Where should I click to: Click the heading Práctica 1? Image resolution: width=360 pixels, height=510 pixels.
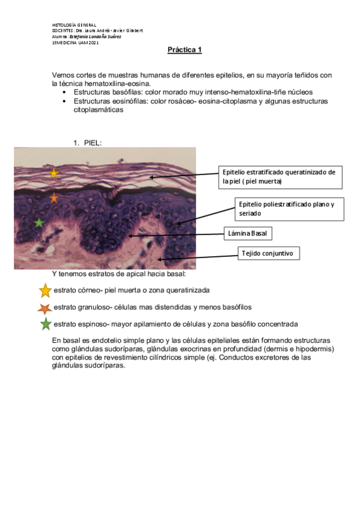(x=185, y=50)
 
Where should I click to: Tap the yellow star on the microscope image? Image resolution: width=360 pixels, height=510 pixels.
(x=54, y=173)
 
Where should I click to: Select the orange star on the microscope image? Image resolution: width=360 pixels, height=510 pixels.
(x=54, y=197)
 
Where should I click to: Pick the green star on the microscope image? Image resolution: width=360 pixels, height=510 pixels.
(x=39, y=223)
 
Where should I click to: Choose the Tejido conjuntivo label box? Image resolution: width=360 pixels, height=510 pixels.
(x=268, y=253)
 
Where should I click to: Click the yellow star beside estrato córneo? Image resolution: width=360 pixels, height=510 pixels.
(x=45, y=291)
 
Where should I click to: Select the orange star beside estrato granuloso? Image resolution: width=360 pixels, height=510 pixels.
(x=44, y=309)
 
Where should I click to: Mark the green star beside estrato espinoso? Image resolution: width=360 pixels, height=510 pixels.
(x=45, y=325)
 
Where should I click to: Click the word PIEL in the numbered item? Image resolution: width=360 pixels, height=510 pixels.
(x=93, y=143)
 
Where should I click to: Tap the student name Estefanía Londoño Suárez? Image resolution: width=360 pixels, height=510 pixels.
(x=96, y=37)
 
